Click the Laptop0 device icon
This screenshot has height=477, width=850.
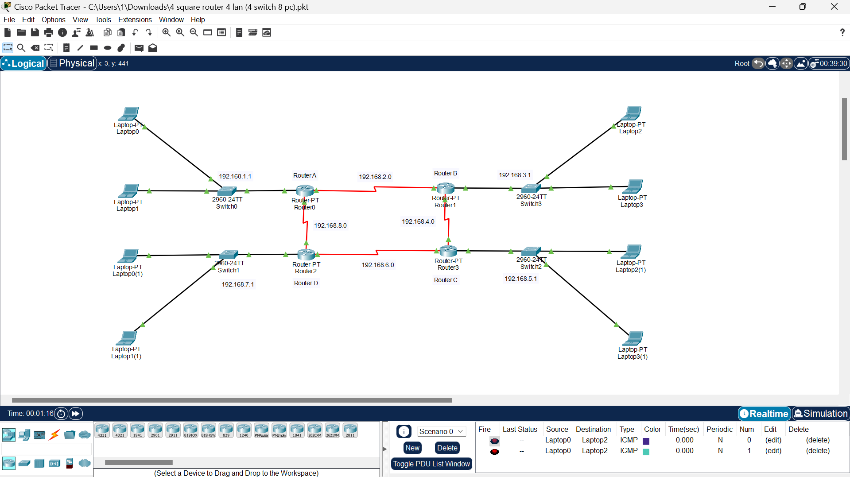[x=128, y=113]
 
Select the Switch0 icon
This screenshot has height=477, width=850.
[x=227, y=191]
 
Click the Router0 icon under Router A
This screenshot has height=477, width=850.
[x=305, y=190]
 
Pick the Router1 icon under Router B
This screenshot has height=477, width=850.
[x=446, y=188]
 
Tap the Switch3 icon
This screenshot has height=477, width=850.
[x=531, y=188]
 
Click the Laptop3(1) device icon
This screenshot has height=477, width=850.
[x=633, y=338]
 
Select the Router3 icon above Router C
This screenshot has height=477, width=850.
[x=448, y=251]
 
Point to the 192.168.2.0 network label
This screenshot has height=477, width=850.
[x=375, y=177]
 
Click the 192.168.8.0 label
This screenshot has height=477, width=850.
[x=330, y=225]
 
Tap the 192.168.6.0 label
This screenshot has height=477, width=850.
[x=378, y=265]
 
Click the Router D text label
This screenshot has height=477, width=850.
[x=306, y=283]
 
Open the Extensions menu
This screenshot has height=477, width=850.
[x=135, y=19]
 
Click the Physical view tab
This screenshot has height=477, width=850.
[x=72, y=63]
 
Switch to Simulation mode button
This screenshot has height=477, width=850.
[x=821, y=413]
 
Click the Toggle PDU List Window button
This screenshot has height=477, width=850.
[x=431, y=464]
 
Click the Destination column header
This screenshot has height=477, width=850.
[x=593, y=429]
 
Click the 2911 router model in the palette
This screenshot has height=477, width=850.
[x=173, y=430]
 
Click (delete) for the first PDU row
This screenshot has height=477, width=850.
[x=818, y=440]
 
